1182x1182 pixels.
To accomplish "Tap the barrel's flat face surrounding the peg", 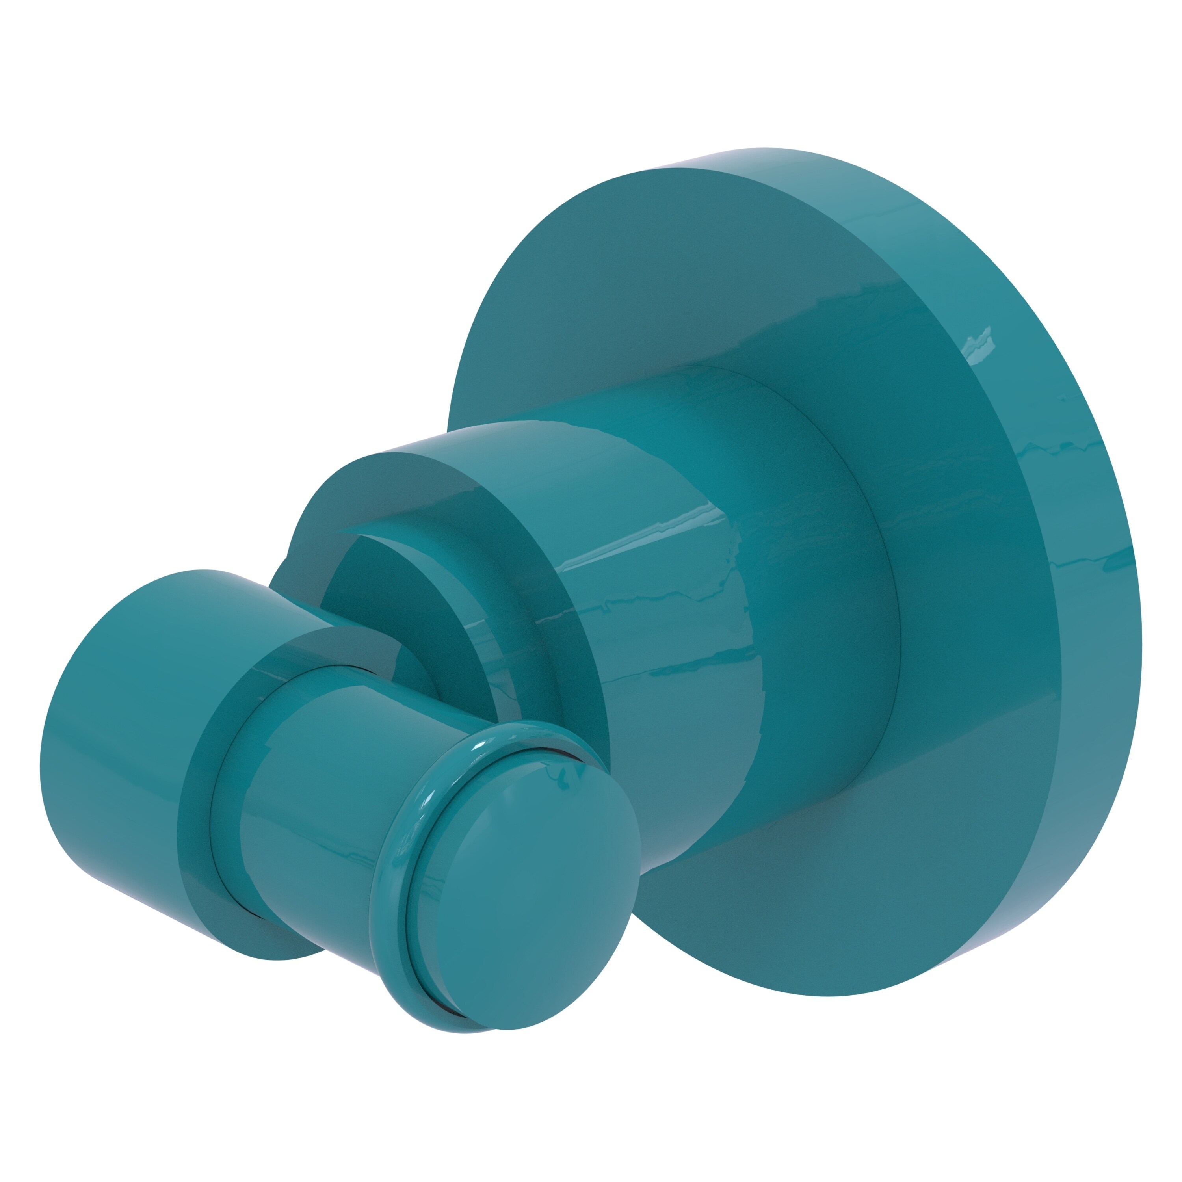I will pyautogui.click(x=202, y=734).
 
